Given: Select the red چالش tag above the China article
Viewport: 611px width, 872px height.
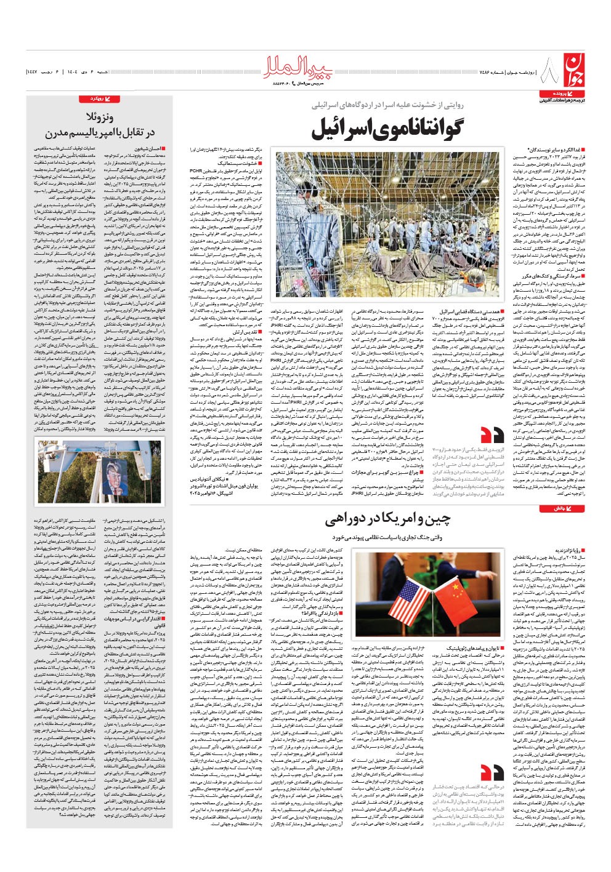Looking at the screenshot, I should pos(554,509).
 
